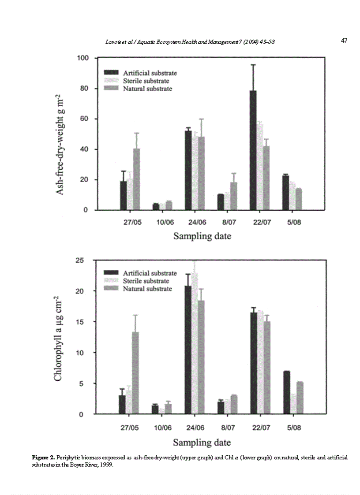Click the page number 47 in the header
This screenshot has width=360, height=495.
345,40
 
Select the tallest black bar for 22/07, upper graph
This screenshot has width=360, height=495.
253,150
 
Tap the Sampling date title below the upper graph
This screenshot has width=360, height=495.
202,236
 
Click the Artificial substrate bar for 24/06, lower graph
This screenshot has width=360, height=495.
188,350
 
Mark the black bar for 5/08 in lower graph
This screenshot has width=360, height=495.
286,392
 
